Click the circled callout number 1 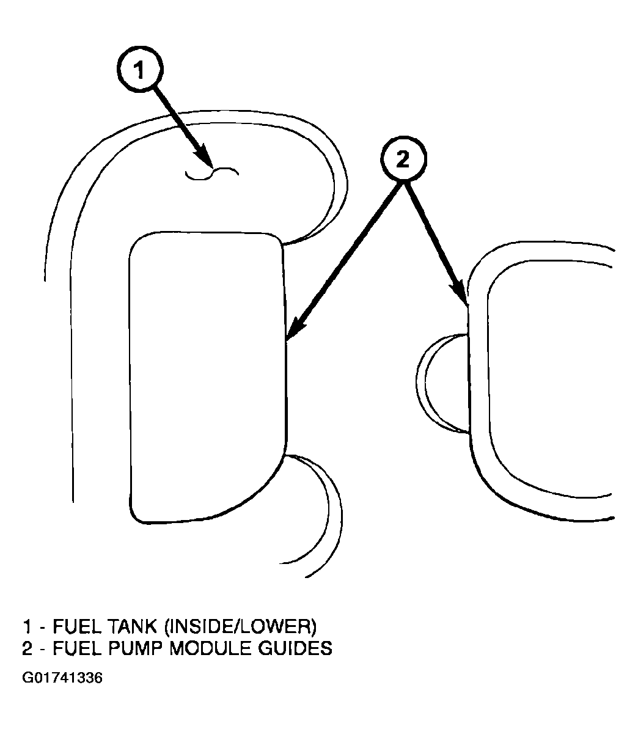[141, 71]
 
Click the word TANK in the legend [131, 626]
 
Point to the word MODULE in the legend [206, 648]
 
